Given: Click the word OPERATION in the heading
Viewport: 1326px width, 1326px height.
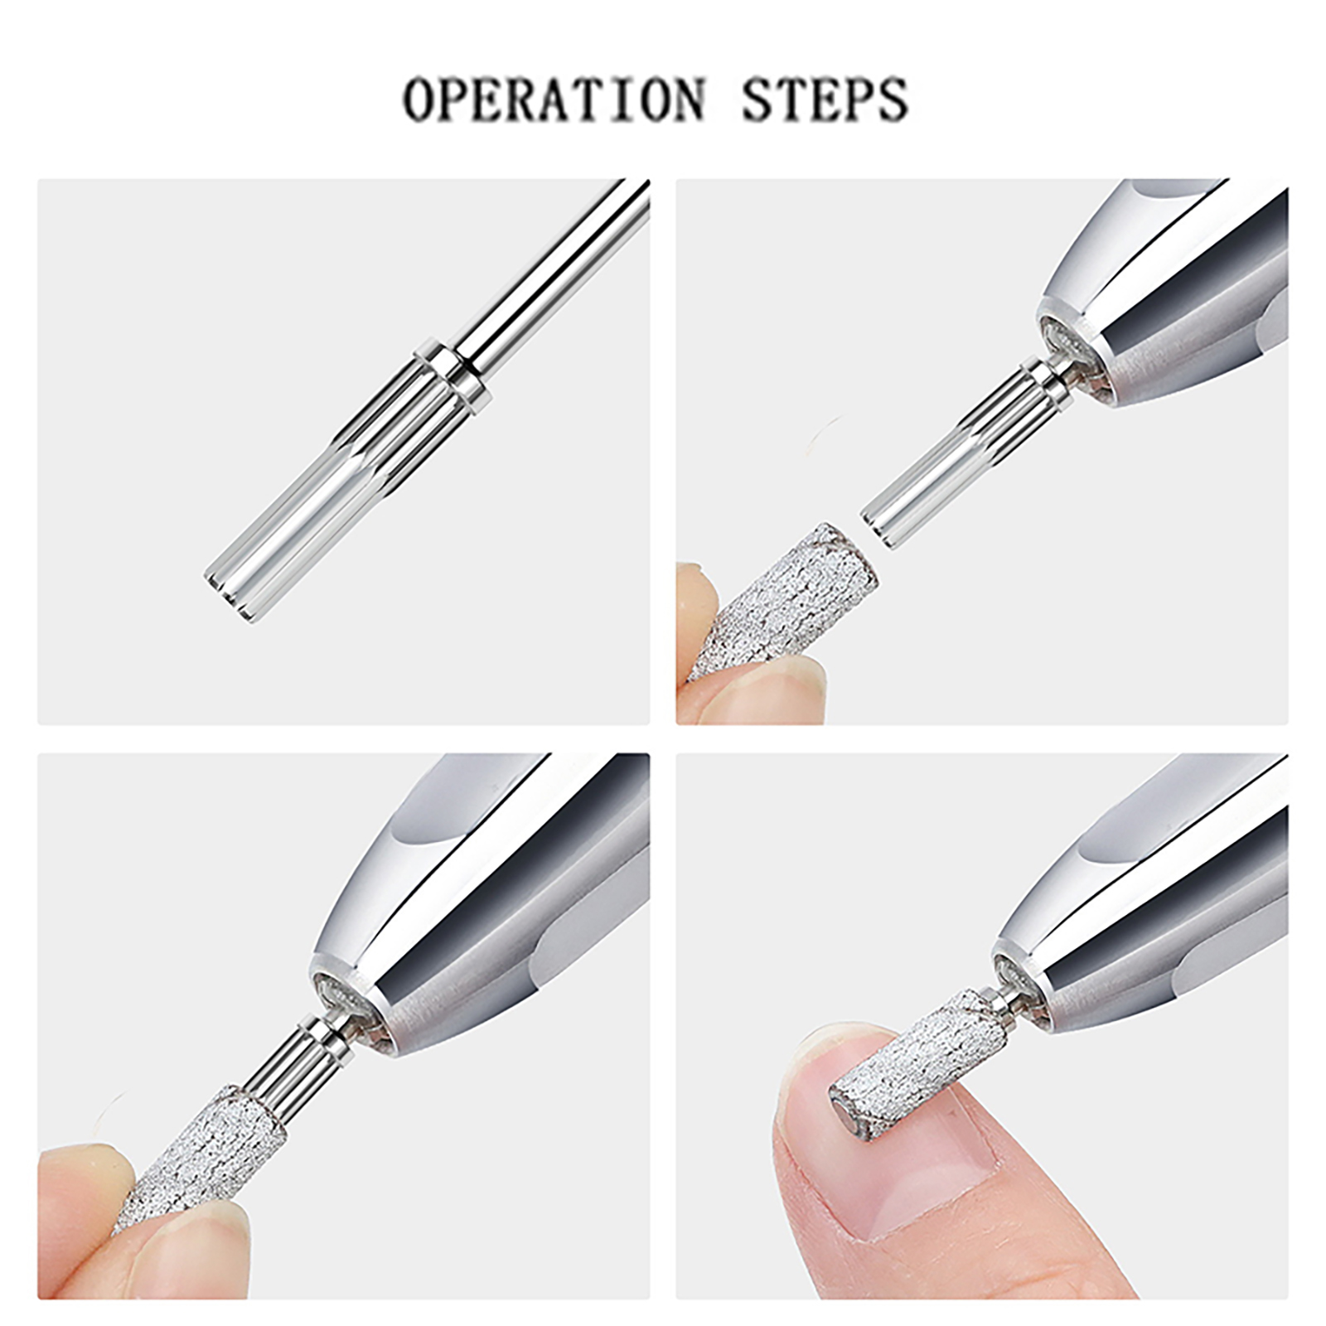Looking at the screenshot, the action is pos(554,100).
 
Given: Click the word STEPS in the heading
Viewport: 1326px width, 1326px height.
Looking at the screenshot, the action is pos(825,100).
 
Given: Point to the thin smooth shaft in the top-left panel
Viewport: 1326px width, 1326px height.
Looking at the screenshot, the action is pos(550,264).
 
